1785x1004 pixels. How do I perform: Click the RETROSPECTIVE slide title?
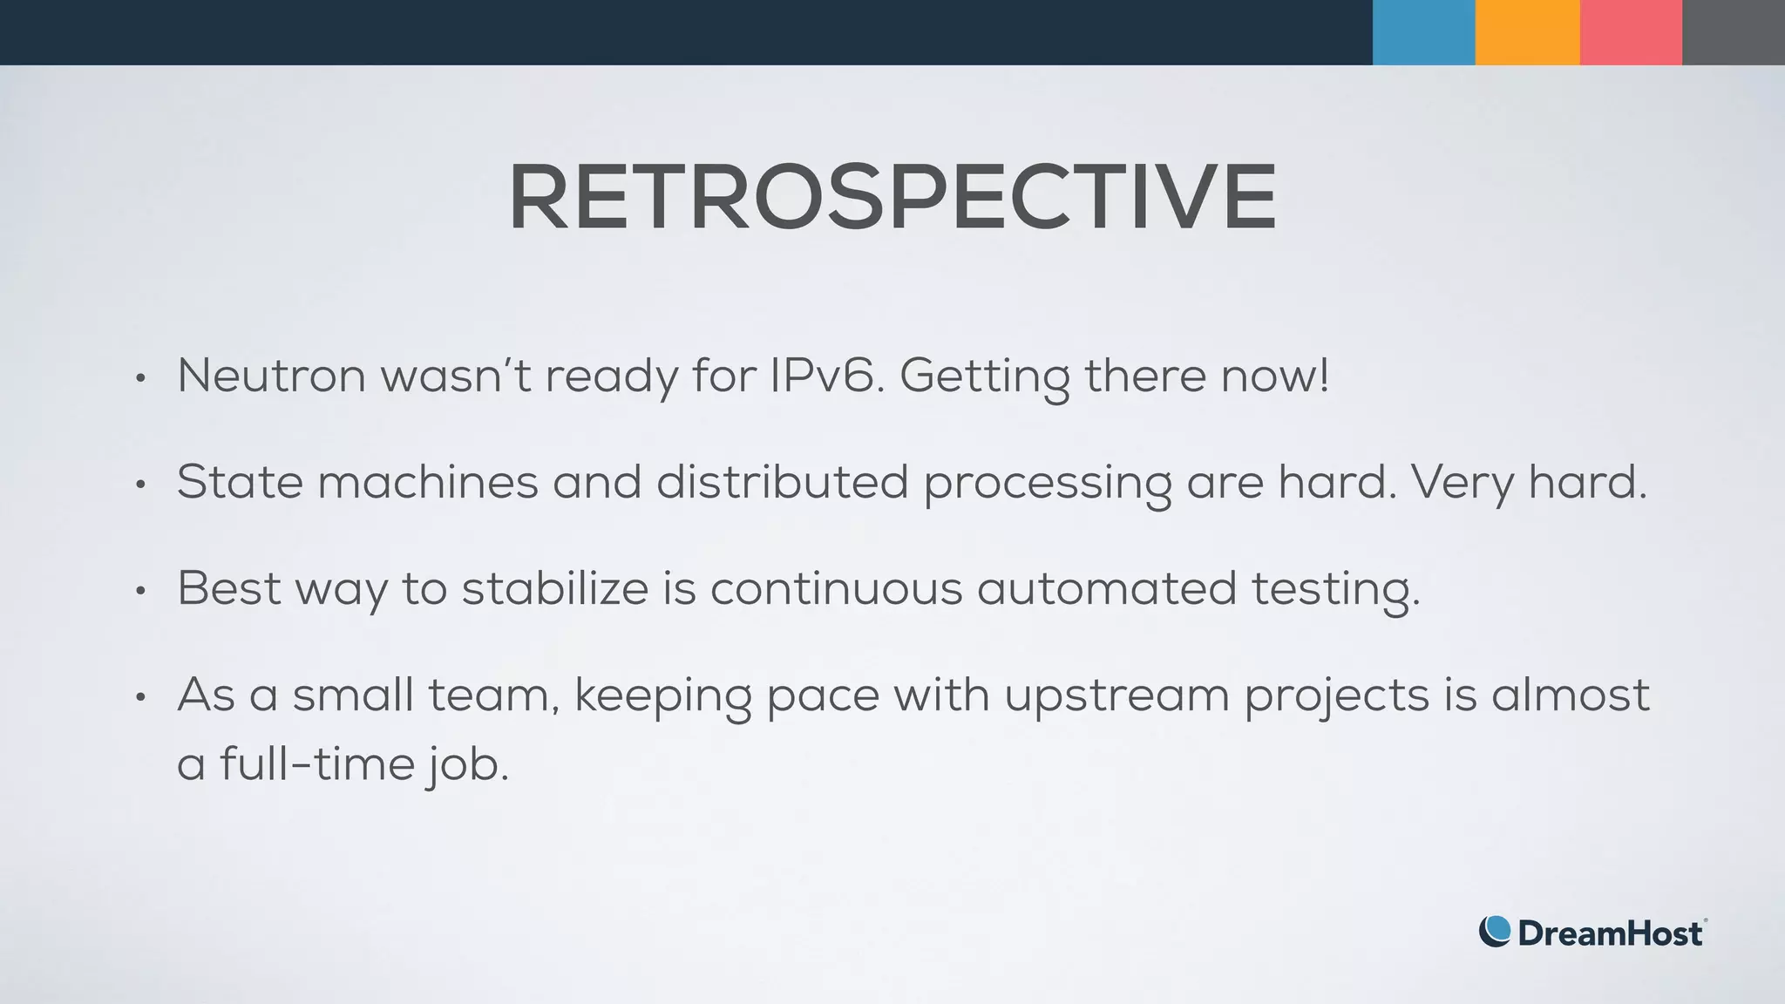(892, 197)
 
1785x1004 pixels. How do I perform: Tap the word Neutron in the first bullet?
(271, 376)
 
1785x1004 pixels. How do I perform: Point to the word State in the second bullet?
(240, 482)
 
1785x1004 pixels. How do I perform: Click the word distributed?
(782, 482)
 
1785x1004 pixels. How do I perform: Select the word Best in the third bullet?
(229, 588)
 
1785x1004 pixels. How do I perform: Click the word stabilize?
(554, 588)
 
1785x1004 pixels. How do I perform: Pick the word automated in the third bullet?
(1106, 588)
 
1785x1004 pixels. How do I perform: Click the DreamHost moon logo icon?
(1494, 932)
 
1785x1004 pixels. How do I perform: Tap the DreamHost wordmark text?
(1610, 933)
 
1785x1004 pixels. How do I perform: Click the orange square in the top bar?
(1527, 32)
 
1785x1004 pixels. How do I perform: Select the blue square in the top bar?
(1423, 32)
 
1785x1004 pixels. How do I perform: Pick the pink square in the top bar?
(1631, 32)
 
